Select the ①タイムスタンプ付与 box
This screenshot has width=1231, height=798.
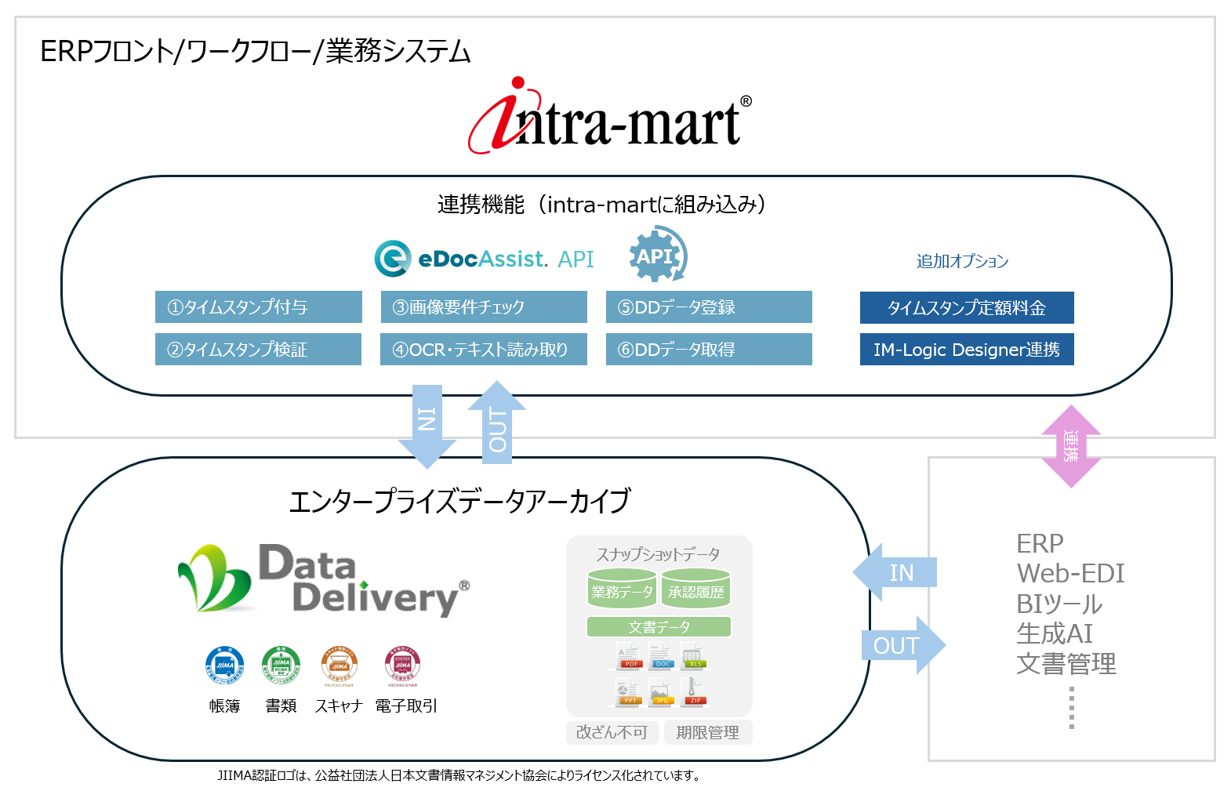pos(259,307)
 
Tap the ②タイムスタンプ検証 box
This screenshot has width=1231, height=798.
pos(259,350)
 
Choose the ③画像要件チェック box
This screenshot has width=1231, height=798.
pos(484,307)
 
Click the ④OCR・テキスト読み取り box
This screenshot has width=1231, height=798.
pos(484,350)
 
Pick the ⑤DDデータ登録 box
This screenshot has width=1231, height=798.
pos(709,307)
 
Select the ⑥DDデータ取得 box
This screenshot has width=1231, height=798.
pos(709,350)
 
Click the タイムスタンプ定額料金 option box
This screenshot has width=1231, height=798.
pos(967,308)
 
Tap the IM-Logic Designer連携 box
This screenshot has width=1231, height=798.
pos(967,350)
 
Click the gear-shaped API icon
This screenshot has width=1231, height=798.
pos(657,255)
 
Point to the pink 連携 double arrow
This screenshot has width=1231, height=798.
pos(1071,446)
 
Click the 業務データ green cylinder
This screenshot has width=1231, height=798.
pos(622,589)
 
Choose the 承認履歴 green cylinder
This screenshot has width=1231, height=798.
pos(696,589)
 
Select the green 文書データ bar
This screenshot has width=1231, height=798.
pos(659,627)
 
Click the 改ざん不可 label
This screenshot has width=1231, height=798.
pos(612,732)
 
